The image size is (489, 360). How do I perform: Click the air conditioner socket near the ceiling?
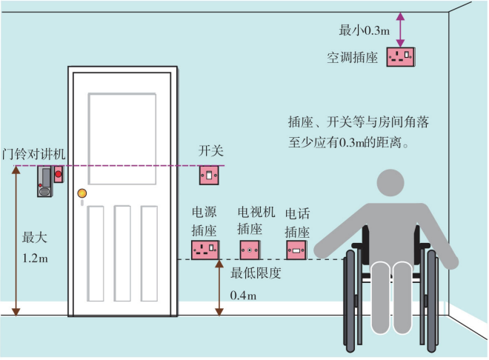pos(403,57)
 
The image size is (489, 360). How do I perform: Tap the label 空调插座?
pos(353,57)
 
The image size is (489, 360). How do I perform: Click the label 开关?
pos(210,151)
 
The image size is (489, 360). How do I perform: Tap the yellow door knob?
pos(81,194)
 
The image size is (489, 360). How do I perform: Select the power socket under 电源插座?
pos(205,249)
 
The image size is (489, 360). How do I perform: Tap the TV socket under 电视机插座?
pos(250,249)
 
